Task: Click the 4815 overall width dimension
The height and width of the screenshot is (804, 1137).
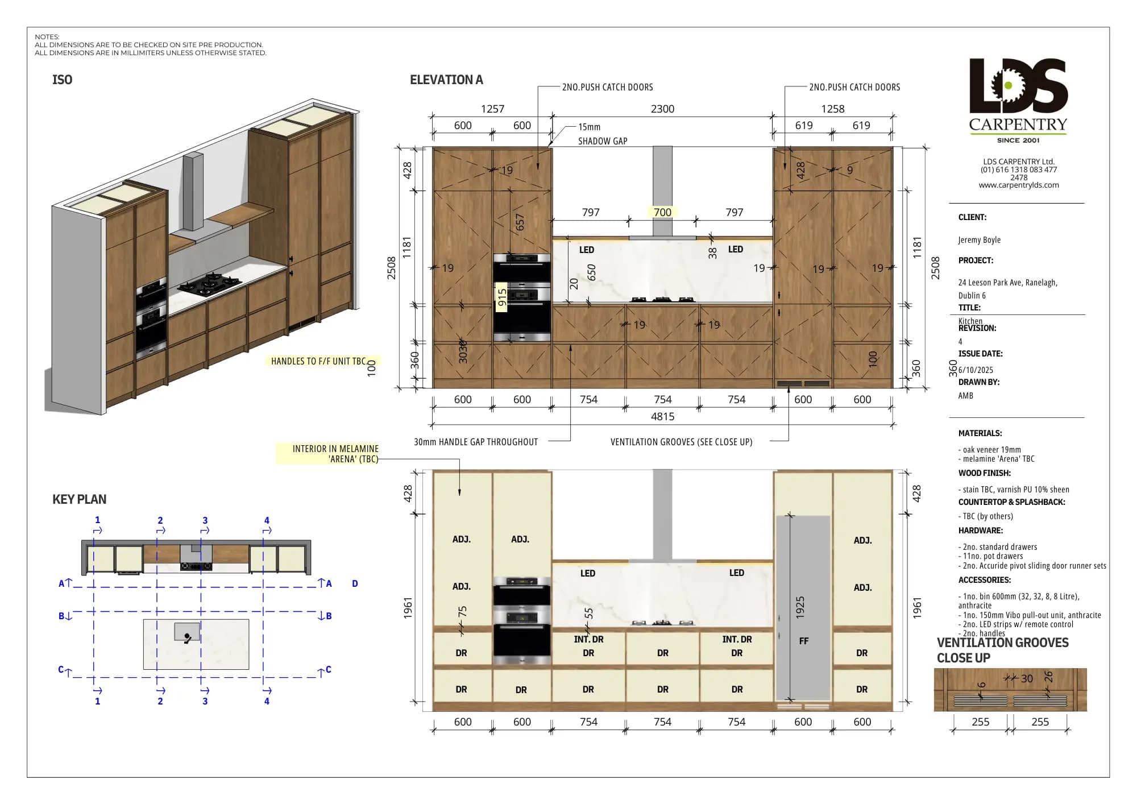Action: [x=662, y=417]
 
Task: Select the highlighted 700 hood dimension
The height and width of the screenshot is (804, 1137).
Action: [x=662, y=212]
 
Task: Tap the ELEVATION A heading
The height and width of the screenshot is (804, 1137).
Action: [x=446, y=80]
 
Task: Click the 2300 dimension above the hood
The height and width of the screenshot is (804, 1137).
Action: [x=662, y=109]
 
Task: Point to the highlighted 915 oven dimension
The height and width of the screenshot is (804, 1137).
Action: [x=501, y=297]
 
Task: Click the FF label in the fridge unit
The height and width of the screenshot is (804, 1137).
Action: [x=803, y=641]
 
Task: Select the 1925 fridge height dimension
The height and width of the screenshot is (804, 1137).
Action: [x=800, y=607]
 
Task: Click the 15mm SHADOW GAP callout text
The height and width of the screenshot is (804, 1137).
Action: [x=602, y=134]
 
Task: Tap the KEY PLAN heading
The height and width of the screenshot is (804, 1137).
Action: [x=79, y=499]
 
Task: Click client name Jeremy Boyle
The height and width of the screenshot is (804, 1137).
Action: [x=979, y=240]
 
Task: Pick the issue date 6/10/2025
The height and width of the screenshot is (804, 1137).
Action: [x=976, y=370]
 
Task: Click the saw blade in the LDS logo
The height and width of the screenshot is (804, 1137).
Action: [x=1007, y=86]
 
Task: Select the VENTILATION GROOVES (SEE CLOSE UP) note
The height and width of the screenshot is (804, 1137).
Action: [x=681, y=442]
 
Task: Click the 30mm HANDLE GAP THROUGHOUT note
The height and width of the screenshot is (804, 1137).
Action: [x=475, y=442]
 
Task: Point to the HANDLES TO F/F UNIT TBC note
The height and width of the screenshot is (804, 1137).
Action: [x=318, y=361]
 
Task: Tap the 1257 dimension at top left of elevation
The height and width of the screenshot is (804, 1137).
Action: [x=492, y=109]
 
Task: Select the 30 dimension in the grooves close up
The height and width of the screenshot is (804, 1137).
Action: [x=1027, y=678]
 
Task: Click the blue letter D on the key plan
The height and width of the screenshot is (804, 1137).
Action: [x=355, y=583]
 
